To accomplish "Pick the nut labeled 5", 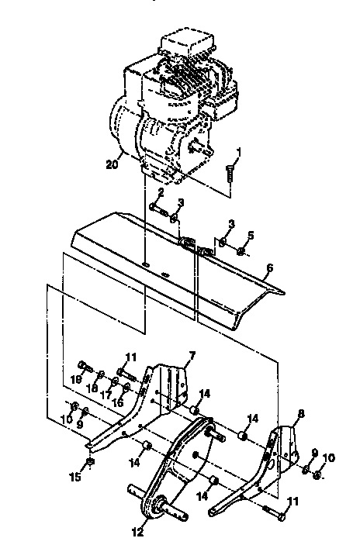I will point(242,251).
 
